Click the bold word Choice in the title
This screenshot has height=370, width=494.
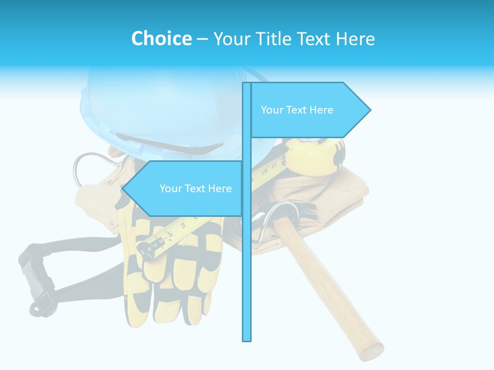point(161,39)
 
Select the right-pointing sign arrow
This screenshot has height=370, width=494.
point(309,110)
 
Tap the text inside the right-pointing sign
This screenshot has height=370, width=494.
point(297,110)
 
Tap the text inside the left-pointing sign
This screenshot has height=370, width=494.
point(196,189)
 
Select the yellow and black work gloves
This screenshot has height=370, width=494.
point(170,277)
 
